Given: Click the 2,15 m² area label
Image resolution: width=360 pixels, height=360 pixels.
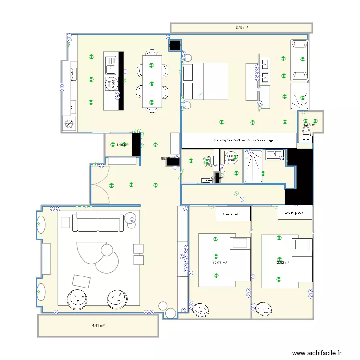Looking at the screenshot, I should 241,28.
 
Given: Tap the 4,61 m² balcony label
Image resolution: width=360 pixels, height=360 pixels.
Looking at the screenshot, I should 98,326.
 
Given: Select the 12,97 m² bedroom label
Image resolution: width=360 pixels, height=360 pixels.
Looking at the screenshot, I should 219,263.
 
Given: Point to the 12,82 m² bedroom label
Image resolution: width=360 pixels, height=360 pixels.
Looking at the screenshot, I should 282,263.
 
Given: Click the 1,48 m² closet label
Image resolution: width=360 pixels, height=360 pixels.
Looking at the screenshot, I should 122,144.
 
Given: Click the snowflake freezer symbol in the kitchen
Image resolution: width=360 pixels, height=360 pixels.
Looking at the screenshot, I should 70,124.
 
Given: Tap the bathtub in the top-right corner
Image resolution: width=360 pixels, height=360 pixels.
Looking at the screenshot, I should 300,60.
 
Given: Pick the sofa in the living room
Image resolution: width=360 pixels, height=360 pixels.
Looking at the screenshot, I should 98,221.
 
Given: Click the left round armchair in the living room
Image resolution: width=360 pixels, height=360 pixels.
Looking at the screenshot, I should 76,299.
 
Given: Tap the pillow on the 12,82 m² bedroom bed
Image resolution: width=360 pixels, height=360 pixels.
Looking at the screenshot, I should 302,244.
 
